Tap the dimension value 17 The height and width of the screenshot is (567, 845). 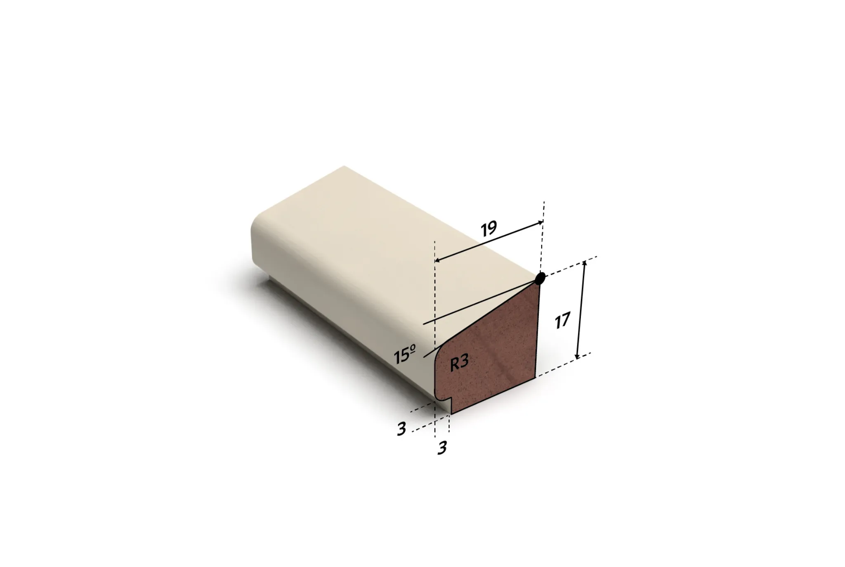tap(562, 321)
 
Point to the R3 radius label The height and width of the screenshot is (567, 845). tap(459, 363)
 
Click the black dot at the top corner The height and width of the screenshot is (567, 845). tap(540, 279)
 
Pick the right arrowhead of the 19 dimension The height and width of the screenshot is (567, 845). tap(541, 223)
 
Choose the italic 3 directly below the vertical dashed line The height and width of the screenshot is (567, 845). tap(442, 448)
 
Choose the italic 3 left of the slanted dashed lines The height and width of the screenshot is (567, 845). tap(401, 429)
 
